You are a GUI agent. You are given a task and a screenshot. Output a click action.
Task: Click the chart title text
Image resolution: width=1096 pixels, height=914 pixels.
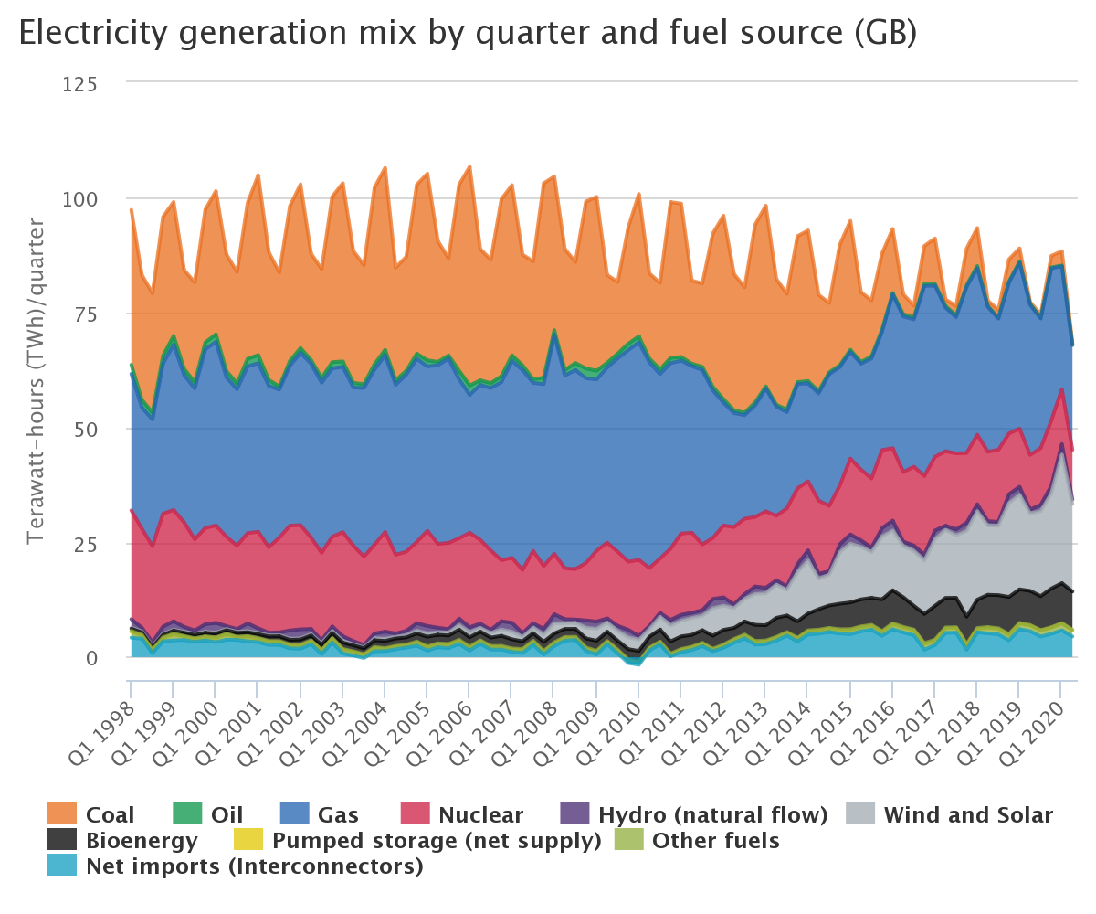(x=468, y=34)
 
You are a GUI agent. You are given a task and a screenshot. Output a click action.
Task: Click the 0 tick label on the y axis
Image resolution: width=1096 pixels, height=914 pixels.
(x=105, y=657)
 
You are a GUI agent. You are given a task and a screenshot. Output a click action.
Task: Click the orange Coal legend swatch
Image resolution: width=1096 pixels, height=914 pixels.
(x=62, y=814)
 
